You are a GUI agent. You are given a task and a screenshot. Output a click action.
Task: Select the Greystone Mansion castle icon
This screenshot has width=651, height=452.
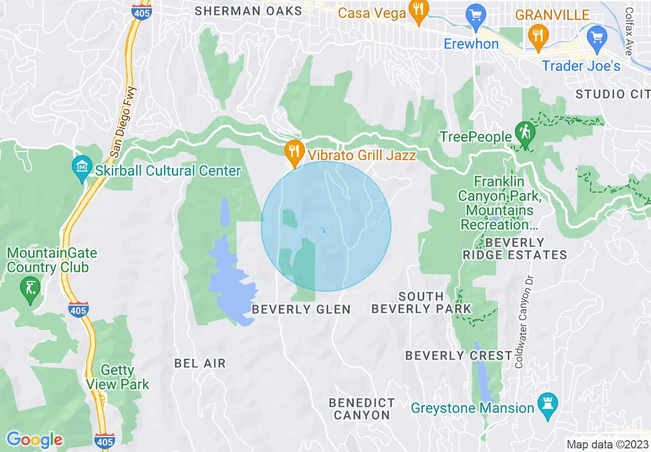547,405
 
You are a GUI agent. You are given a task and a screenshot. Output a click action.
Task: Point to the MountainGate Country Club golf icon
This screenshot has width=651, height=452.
30,289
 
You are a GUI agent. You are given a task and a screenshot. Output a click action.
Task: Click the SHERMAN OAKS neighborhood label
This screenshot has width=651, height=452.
248,11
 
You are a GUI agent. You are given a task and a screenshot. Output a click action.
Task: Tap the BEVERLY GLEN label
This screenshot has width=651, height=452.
301,309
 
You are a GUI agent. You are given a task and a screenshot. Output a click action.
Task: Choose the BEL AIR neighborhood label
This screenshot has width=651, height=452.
200,363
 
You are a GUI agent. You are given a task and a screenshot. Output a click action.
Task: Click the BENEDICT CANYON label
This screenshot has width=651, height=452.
362,409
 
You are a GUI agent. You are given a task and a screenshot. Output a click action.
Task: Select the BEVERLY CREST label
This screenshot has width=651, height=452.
458,355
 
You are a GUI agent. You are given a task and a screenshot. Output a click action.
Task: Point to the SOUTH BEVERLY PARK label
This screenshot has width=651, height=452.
422,303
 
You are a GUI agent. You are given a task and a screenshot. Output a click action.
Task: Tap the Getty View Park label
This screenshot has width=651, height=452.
118,377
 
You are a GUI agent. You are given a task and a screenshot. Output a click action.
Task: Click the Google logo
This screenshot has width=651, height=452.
34,440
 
